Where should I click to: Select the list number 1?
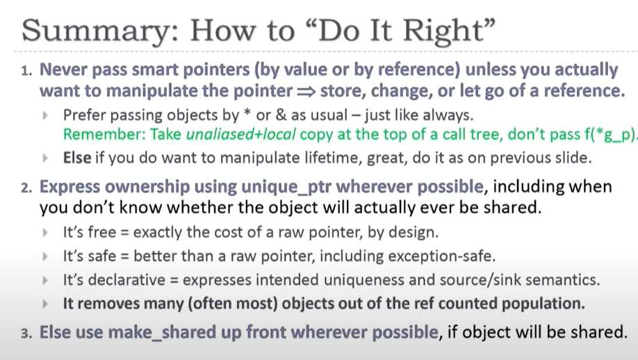(x=26, y=71)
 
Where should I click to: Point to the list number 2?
(x=26, y=188)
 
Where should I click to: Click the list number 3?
(x=26, y=334)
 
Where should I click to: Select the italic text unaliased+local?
(x=241, y=134)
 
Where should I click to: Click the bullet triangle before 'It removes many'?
(x=45, y=304)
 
